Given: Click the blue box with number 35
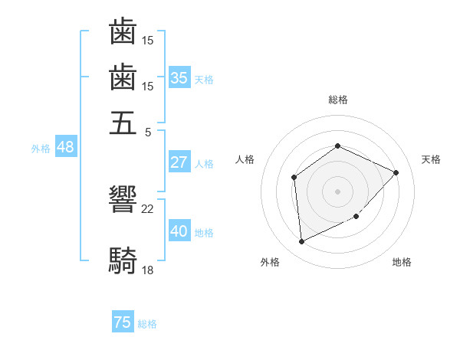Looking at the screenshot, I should point(179,77).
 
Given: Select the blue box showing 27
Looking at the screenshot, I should point(179,162).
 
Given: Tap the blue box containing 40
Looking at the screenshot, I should point(179,231).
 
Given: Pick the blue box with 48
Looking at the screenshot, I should point(65,147).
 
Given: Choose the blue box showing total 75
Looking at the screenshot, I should point(123,322).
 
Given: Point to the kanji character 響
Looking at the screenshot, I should point(123,201).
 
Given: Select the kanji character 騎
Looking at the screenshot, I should point(123,260).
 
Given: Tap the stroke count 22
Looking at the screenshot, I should point(148,208).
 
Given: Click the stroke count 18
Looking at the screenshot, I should point(148,270).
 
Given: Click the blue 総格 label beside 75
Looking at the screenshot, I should point(147,324).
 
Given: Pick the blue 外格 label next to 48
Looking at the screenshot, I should point(41,149).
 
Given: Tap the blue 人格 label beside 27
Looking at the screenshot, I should point(204,164).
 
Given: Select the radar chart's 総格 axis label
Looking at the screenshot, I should point(337,100).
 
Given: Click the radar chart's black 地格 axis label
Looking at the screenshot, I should point(402,263).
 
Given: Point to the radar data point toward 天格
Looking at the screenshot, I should point(396,172).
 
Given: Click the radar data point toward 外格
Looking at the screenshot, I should point(301,242).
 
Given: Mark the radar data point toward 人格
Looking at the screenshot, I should point(294,178).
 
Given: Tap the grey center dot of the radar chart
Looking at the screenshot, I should point(337,191).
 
